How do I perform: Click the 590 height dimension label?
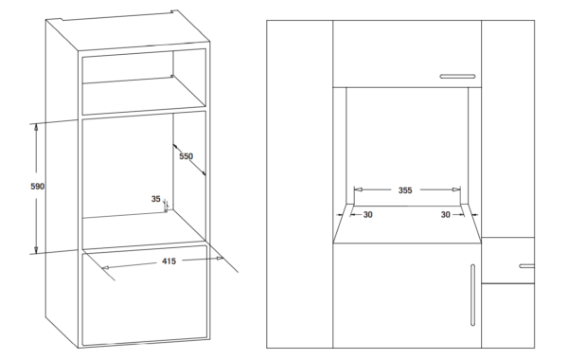pyautogui.click(x=37, y=187)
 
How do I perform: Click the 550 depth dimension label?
pyautogui.click(x=186, y=156)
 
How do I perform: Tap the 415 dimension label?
pyautogui.click(x=169, y=261)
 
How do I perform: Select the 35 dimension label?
pyautogui.click(x=156, y=199)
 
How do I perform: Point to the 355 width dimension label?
pyautogui.click(x=405, y=190)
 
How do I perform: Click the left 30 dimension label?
pyautogui.click(x=367, y=215)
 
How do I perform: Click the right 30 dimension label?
pyautogui.click(x=446, y=215)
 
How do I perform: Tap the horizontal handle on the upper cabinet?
pyautogui.click(x=457, y=77)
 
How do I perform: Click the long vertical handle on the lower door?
pyautogui.click(x=472, y=296)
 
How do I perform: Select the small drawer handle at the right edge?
pyautogui.click(x=526, y=266)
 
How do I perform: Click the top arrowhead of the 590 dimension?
pyautogui.click(x=36, y=127)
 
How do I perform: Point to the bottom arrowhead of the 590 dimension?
pyautogui.click(x=36, y=249)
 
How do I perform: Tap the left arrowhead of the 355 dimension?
pyautogui.click(x=358, y=189)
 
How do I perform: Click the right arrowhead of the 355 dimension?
pyautogui.click(x=456, y=189)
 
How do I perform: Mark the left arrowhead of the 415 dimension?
pyautogui.click(x=105, y=268)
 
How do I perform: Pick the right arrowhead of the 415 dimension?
pyautogui.click(x=220, y=258)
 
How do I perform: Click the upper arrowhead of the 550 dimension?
pyautogui.click(x=175, y=147)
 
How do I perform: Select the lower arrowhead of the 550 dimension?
pyautogui.click(x=204, y=173)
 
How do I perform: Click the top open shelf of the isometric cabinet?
pyautogui.click(x=144, y=81)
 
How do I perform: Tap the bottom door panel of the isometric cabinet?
pyautogui.click(x=145, y=296)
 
